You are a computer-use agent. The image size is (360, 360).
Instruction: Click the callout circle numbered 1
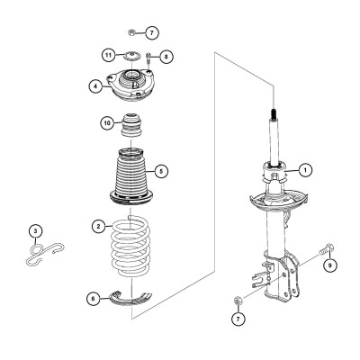tap(305, 170)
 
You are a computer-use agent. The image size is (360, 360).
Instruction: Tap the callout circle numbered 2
tap(99, 226)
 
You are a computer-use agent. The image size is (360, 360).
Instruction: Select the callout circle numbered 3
tap(36, 231)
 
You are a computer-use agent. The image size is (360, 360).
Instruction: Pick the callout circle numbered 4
tap(95, 86)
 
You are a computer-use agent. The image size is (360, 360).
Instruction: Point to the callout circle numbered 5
tap(161, 171)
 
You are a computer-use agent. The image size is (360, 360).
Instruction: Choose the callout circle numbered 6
tap(94, 299)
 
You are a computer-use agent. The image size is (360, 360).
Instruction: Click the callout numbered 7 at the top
tap(151, 32)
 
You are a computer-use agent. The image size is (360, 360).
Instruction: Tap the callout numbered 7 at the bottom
tap(238, 319)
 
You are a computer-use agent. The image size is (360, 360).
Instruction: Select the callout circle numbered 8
tap(166, 56)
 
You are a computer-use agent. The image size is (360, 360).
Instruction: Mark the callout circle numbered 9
tap(329, 265)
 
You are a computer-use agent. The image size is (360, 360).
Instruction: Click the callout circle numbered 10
tap(107, 122)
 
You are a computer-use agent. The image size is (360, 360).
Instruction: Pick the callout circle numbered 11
tap(108, 55)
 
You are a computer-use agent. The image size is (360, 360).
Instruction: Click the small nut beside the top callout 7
tap(130, 31)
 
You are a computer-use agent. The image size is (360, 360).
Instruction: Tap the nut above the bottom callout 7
tap(237, 301)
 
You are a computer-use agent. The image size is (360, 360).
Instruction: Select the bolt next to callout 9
tap(327, 248)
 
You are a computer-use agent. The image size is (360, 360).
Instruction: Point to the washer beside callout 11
tap(131, 56)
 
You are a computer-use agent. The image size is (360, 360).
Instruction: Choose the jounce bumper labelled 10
tap(130, 124)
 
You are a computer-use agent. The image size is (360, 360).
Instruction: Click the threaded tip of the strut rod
tap(274, 114)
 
